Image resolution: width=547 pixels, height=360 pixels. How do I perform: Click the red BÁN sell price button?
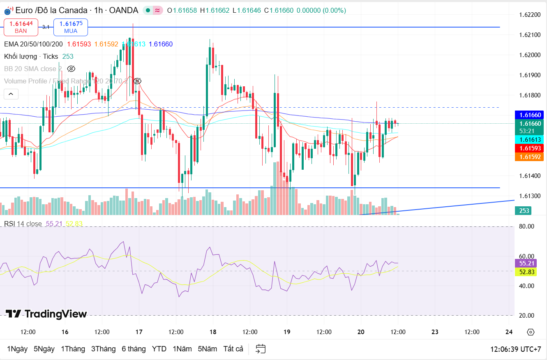coord(21,27)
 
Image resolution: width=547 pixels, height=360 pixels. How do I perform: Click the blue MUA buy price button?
coord(70,27)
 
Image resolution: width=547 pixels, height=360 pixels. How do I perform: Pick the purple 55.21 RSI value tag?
coord(526,263)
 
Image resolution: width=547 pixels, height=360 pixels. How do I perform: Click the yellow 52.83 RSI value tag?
coord(526,272)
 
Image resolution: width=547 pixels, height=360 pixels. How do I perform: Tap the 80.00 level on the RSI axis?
coord(526,226)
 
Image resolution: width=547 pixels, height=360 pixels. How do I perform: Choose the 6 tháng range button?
coord(134,349)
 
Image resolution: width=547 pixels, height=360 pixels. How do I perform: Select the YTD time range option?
coord(159,349)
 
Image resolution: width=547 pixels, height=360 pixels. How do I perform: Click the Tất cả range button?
coord(233,349)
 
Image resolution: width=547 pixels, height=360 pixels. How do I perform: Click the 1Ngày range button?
coord(17,349)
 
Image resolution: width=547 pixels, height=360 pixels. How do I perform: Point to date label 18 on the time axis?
coord(213,332)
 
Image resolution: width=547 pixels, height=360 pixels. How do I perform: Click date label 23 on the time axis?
coord(435,332)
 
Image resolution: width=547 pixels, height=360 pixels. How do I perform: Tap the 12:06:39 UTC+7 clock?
coord(515,349)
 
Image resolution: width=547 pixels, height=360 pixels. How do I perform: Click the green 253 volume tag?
coord(524,211)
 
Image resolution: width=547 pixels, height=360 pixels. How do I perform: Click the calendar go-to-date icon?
coord(261,349)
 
